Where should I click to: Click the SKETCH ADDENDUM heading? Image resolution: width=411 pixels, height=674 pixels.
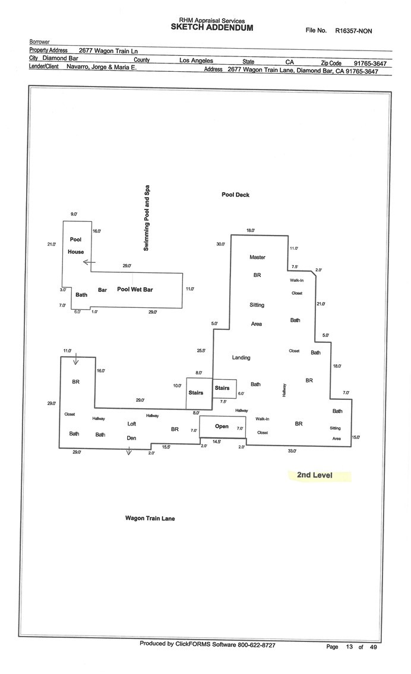tap(212, 27)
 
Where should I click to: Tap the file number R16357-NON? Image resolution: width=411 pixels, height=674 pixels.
tap(353, 30)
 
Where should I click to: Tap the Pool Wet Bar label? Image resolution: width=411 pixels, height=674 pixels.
tap(135, 290)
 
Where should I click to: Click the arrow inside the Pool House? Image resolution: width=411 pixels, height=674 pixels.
tap(87, 261)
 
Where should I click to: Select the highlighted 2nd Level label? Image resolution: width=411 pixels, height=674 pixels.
tap(315, 475)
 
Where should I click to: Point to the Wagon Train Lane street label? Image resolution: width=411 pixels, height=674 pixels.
tap(150, 518)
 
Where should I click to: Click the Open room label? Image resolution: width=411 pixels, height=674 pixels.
tap(222, 426)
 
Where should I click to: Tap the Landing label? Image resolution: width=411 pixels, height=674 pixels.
tap(241, 358)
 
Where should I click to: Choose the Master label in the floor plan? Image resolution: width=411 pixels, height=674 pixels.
tap(257, 257)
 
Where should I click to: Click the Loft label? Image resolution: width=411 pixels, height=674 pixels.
tap(132, 424)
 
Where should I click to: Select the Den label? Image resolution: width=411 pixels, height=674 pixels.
tap(132, 438)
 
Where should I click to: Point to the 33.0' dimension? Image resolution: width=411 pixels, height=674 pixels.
tap(292, 452)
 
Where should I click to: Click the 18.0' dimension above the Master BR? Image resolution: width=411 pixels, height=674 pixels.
tap(251, 231)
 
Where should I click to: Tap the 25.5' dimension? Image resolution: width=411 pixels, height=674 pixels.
tap(201, 351)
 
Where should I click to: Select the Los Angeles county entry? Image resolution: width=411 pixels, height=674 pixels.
tap(196, 61)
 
